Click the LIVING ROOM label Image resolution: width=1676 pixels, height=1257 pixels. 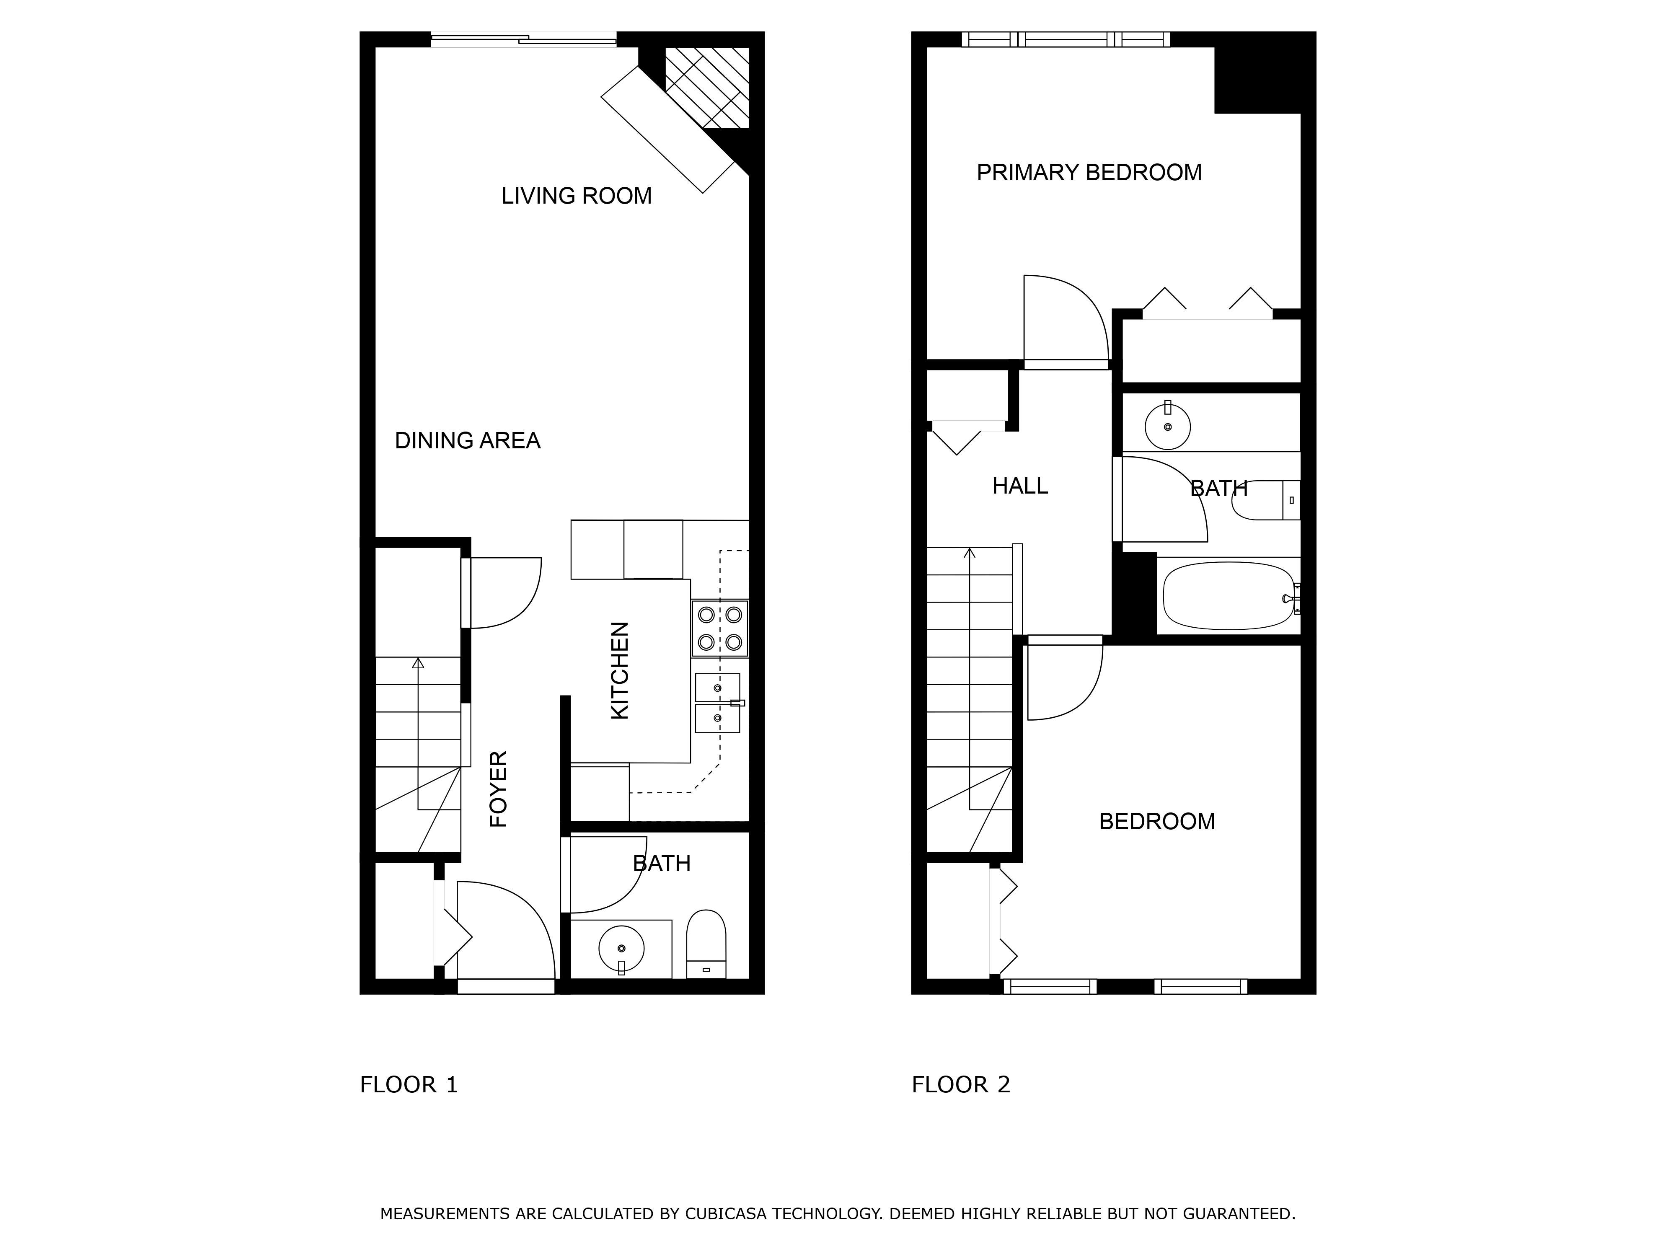click(x=577, y=196)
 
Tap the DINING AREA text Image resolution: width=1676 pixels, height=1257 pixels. click(x=468, y=441)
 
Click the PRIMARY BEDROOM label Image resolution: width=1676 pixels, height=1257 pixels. click(x=1089, y=173)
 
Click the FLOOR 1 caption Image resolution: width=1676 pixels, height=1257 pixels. click(x=409, y=1085)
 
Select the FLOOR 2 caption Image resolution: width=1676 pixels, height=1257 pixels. click(x=961, y=1085)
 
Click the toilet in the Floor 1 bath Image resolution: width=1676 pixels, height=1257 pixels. click(x=706, y=944)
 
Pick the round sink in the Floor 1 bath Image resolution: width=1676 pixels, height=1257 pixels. click(x=621, y=948)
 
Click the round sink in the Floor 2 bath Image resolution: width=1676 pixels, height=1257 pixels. click(x=1168, y=427)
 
